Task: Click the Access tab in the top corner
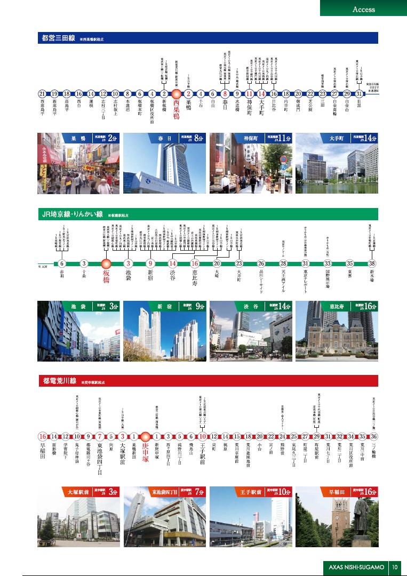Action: [x=364, y=9]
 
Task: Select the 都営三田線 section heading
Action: [x=59, y=38]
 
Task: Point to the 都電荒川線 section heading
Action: [x=59, y=381]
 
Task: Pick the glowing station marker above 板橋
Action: [x=106, y=263]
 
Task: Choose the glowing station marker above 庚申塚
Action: [x=145, y=436]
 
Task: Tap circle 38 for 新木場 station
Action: [x=372, y=263]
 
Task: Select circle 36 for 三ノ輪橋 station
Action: [x=374, y=436]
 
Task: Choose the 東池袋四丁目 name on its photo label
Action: [x=153, y=492]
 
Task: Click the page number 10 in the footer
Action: [x=395, y=566]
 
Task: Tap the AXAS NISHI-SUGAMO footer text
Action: [x=356, y=566]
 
